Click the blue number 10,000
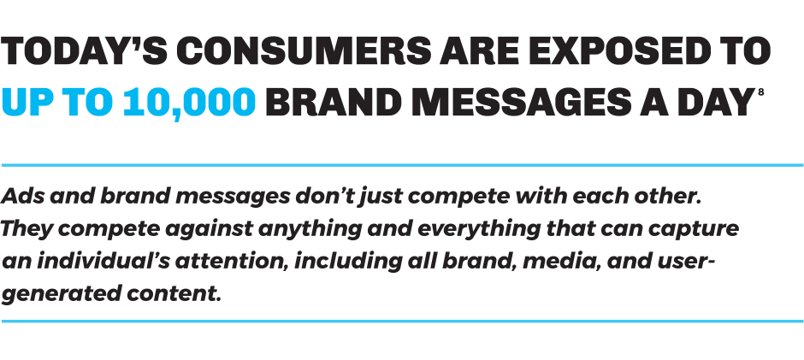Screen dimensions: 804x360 (x=189, y=102)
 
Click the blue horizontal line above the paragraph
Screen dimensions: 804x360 (x=402, y=165)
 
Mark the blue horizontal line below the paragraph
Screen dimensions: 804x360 (x=402, y=322)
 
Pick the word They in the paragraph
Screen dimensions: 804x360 (x=26, y=228)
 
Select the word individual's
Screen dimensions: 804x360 (x=102, y=262)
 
